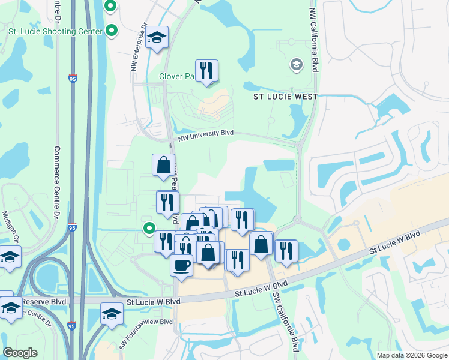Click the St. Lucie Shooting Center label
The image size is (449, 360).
point(51,31)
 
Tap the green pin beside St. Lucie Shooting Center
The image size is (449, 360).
point(112,30)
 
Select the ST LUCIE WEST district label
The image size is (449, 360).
point(285,96)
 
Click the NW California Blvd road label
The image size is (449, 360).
point(313,40)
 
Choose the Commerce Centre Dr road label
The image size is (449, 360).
point(58,178)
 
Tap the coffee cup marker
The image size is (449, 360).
point(181,265)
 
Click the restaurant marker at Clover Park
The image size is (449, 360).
point(206,71)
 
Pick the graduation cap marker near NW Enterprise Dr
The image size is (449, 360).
point(157,39)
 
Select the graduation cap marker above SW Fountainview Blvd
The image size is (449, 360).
point(112,314)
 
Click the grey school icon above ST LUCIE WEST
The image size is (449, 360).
point(296,64)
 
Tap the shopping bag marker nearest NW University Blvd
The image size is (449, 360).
point(163,165)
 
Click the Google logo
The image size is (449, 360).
point(20,353)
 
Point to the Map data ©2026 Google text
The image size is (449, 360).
point(411,355)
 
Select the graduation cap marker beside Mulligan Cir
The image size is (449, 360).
point(10,257)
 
